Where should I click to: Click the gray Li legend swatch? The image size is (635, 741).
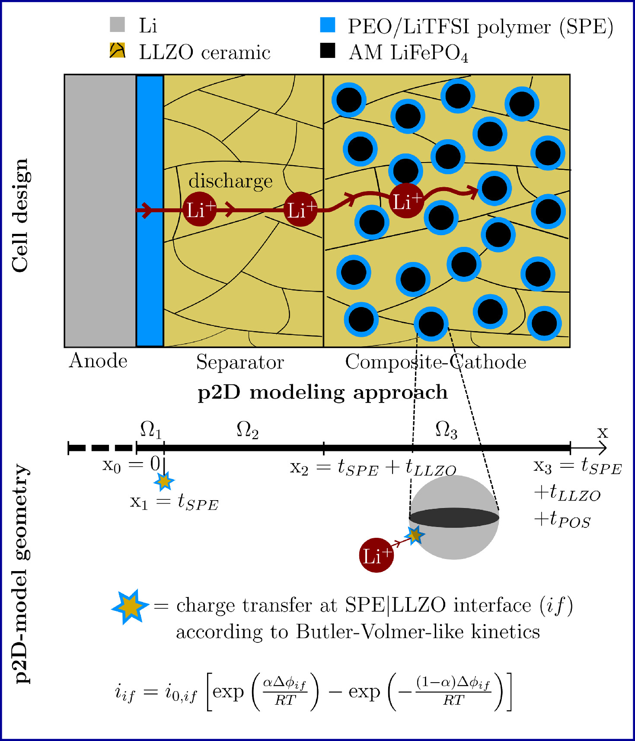click(117, 25)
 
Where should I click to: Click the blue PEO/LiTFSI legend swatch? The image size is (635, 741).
click(327, 25)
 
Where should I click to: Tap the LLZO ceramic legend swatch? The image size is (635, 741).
click(117, 51)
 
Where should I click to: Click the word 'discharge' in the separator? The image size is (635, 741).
click(230, 181)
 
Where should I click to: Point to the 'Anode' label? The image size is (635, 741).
click(98, 361)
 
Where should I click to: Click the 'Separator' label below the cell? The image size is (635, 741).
click(240, 362)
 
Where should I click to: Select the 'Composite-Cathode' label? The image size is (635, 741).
click(435, 362)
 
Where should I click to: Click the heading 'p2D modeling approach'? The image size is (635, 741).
click(322, 393)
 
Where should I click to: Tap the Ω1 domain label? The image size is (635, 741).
click(151, 430)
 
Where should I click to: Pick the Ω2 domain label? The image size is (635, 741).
click(247, 431)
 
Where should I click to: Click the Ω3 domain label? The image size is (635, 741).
click(446, 431)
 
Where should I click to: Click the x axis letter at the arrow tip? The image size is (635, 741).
click(602, 432)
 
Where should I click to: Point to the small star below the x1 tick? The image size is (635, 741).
click(164, 481)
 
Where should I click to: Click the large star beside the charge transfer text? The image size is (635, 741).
click(130, 607)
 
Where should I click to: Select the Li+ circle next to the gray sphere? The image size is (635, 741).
click(377, 555)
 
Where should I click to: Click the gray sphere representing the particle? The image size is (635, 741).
click(454, 540)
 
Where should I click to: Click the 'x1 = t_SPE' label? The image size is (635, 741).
click(174, 503)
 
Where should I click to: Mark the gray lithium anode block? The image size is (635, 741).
click(100, 211)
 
